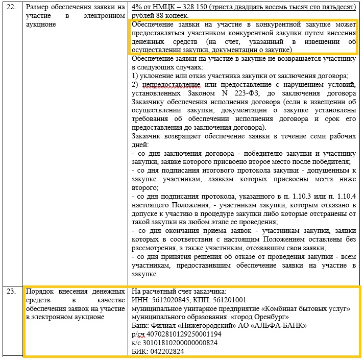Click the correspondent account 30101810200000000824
pyautogui.click(x=181, y=343)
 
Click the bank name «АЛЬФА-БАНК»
pyautogui.click(x=279, y=325)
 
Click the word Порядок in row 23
pyautogui.click(x=41, y=292)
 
